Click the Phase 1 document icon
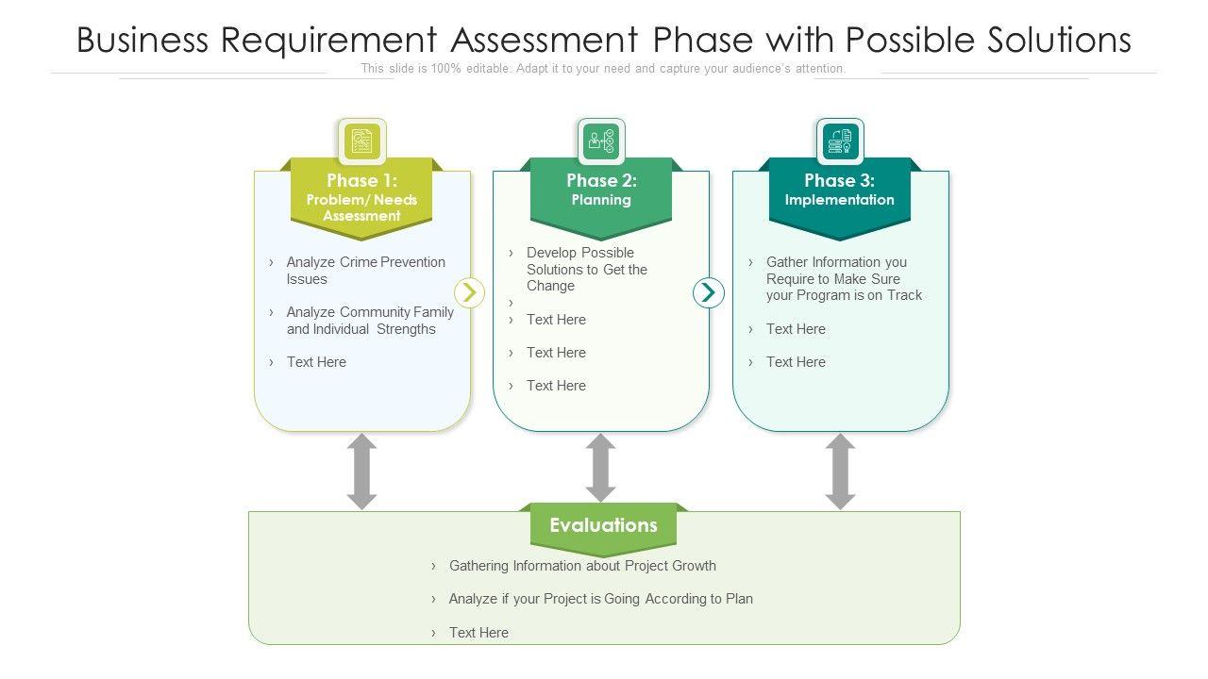(361, 141)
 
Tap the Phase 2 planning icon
(601, 141)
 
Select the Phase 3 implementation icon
(840, 141)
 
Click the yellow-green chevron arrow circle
(469, 292)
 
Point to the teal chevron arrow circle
(709, 292)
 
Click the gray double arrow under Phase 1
(361, 472)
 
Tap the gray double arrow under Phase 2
(601, 468)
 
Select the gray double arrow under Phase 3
(840, 472)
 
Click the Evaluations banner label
(603, 525)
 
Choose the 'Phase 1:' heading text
(361, 180)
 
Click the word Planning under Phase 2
(601, 200)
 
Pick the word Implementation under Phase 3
(840, 200)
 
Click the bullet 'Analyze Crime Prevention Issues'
(365, 271)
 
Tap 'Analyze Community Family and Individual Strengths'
(370, 321)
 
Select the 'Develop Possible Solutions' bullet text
(587, 269)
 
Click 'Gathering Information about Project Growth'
(582, 566)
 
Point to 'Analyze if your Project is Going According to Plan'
(601, 599)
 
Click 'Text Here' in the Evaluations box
(478, 632)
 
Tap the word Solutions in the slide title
(1059, 40)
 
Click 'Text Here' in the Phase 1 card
(316, 362)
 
